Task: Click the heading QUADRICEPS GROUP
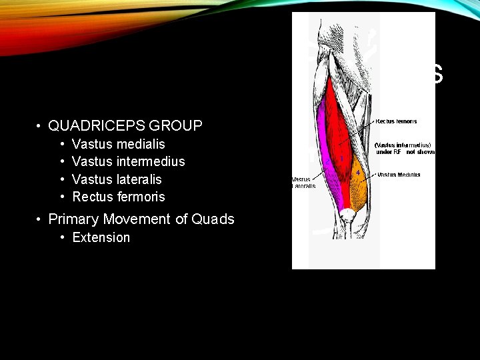[125, 125]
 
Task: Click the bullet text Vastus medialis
[118, 144]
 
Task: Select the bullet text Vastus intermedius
[128, 161]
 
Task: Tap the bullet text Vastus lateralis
[117, 179]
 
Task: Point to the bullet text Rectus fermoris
[118, 197]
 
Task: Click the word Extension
[101, 238]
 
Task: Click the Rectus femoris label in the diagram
[397, 121]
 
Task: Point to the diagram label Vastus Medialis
[399, 175]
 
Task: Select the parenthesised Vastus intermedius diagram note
[405, 149]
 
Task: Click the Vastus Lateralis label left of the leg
[303, 183]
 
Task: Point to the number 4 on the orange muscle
[358, 173]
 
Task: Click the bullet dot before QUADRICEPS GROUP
[40, 126]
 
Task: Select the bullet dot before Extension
[62, 238]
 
